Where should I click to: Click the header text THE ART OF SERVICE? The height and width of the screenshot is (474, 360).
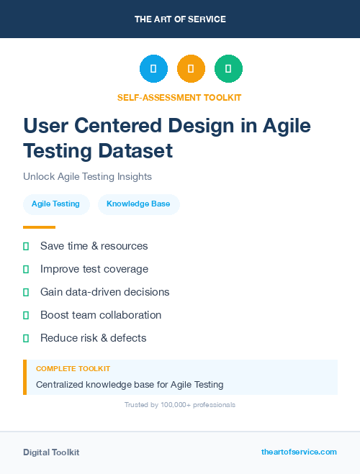point(180,19)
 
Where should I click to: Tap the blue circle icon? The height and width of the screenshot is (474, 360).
point(153,69)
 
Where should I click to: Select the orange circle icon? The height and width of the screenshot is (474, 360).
point(191,69)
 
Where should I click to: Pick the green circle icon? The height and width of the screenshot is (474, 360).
point(228,69)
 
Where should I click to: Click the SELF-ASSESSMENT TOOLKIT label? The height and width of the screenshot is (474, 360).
point(179,97)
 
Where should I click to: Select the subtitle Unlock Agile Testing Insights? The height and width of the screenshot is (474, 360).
point(87,176)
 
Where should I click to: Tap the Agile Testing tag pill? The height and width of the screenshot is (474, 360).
point(55,204)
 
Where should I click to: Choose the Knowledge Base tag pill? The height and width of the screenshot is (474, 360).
point(138,204)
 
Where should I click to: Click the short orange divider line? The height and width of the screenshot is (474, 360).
point(39,227)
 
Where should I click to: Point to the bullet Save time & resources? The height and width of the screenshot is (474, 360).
point(94,246)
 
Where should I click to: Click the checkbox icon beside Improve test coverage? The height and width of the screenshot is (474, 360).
point(26,269)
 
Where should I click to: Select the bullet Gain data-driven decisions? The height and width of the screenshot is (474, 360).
point(104,292)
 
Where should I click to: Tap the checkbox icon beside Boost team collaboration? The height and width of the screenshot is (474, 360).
point(26,315)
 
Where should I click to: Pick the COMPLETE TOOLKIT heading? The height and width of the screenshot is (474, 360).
point(73,368)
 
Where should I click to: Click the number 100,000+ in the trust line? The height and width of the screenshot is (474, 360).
point(168,405)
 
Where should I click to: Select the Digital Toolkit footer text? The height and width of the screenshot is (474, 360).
point(51,452)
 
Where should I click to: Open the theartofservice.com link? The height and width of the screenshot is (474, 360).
point(299,452)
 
